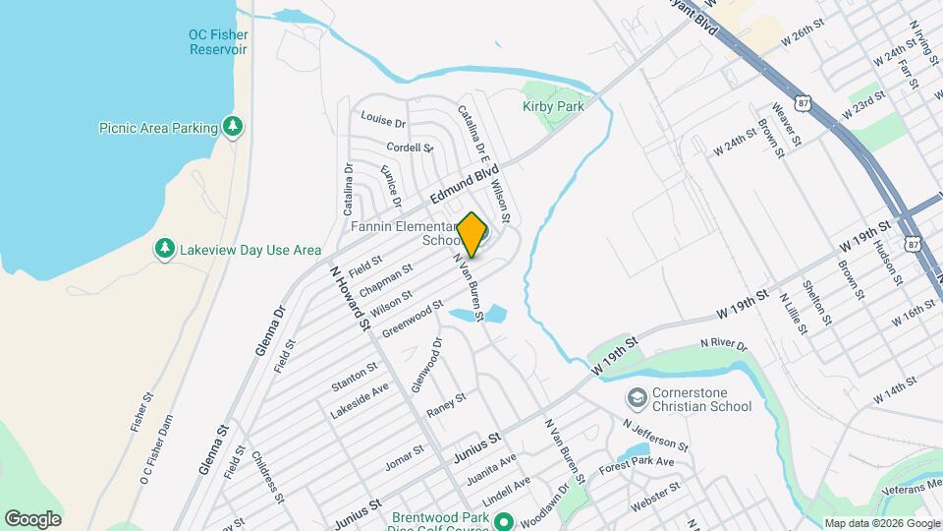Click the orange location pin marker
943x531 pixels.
pos(471,234)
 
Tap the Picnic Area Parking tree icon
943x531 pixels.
pos(233,126)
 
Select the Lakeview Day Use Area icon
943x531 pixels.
pos(165,249)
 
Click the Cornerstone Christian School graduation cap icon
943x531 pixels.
pos(637,398)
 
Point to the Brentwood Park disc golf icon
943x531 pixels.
pos(504,521)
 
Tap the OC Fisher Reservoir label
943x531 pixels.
pos(217,41)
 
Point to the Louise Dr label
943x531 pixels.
pos(383,121)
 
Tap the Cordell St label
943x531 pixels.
pos(410,147)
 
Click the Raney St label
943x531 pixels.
pos(447,404)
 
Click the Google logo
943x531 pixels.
pos(32,518)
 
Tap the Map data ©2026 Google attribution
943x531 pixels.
pos(881,523)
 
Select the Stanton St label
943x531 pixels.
pos(355,375)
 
